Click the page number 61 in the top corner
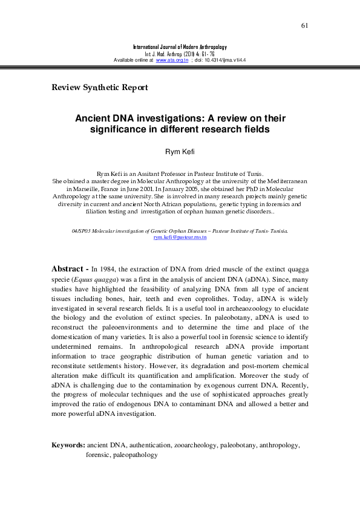tap(304, 25)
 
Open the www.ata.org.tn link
tap(170, 60)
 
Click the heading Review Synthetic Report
tap(100, 88)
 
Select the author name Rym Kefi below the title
tap(180, 151)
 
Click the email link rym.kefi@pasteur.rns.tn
tap(180, 238)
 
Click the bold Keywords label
tap(68, 445)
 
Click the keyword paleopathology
tap(134, 455)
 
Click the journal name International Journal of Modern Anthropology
tap(180, 47)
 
